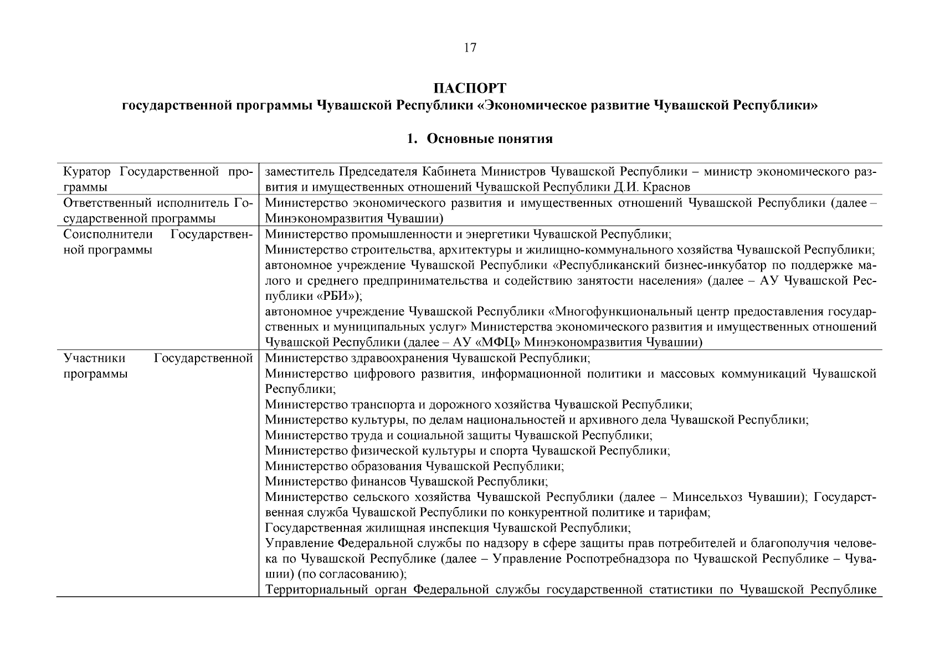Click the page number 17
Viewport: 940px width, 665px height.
pos(470,48)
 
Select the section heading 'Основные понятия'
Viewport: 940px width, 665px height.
pos(489,139)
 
